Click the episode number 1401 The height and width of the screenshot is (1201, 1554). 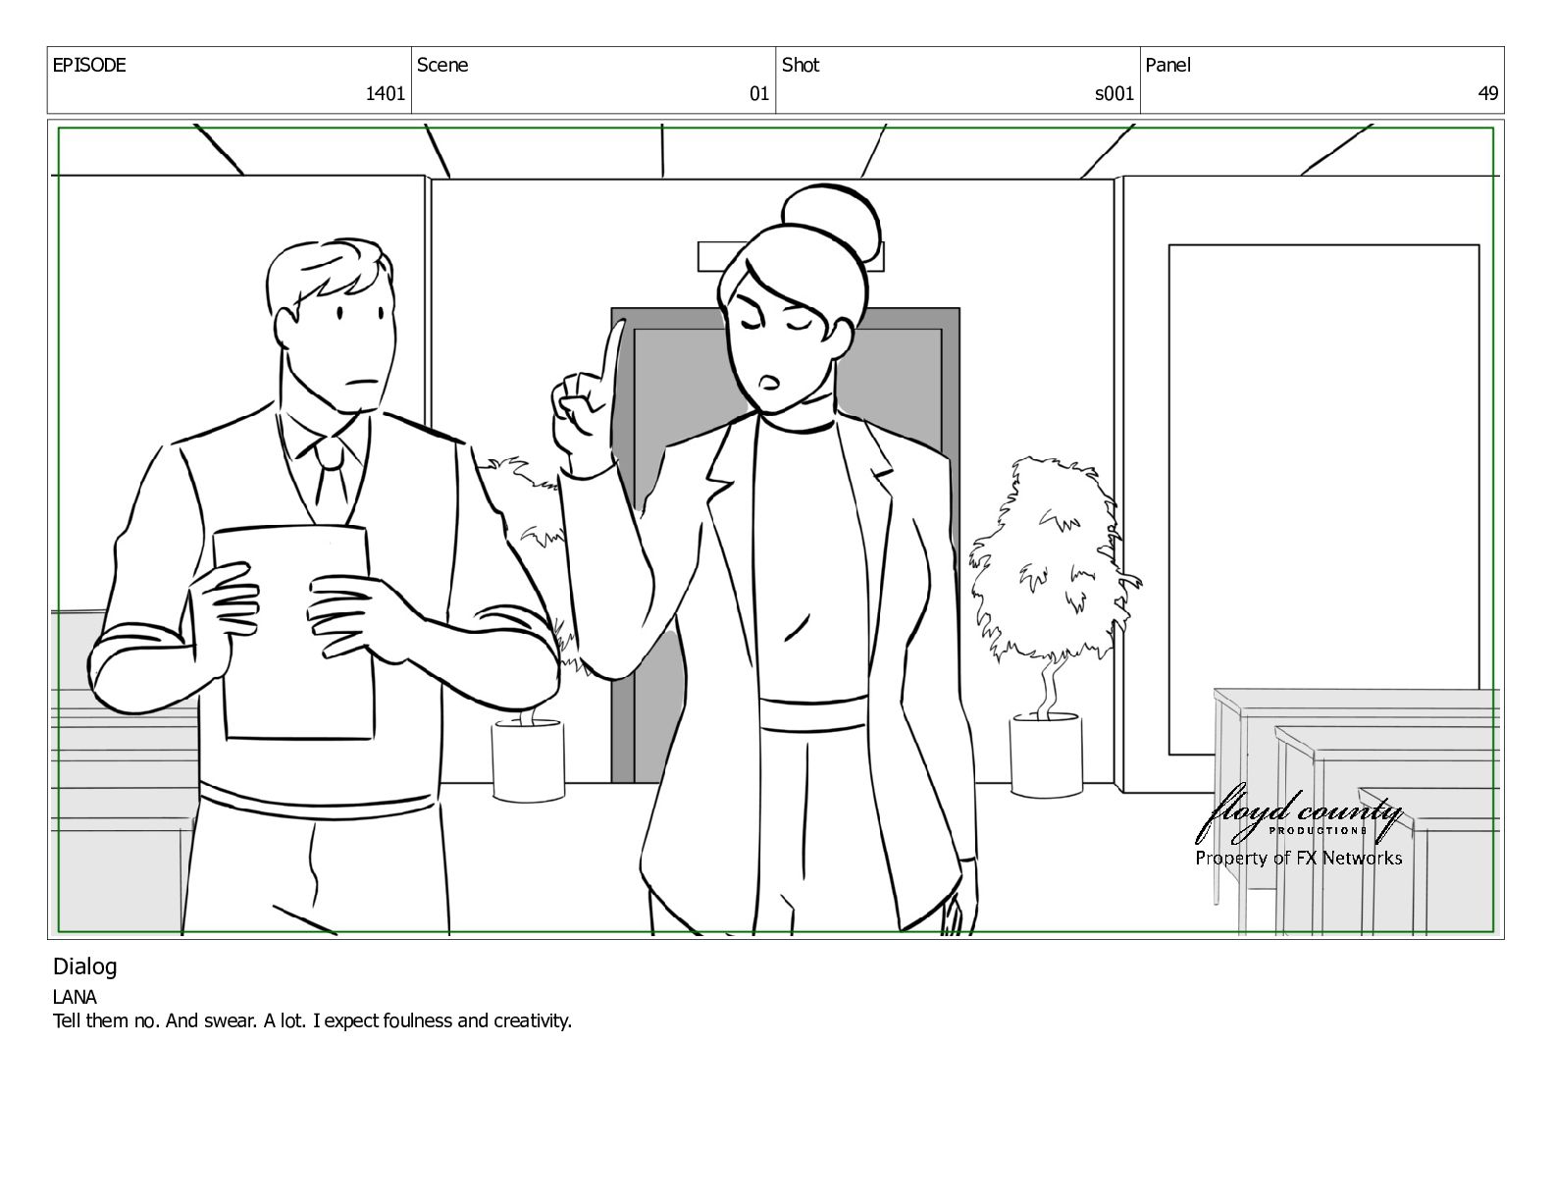[385, 93]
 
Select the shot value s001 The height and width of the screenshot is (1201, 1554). [1114, 93]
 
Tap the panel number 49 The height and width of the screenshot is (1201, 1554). [1488, 93]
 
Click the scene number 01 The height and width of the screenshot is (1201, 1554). [758, 93]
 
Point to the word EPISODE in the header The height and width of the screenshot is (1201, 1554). [89, 65]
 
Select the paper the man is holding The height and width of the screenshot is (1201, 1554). [293, 633]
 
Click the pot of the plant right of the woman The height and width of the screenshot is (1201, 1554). [1046, 755]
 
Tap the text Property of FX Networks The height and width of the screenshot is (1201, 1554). [1299, 858]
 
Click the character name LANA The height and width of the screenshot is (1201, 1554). [75, 997]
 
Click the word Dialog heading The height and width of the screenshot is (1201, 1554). [84, 967]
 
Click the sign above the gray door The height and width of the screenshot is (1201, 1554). [790, 257]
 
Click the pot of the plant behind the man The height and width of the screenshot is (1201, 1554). [529, 759]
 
